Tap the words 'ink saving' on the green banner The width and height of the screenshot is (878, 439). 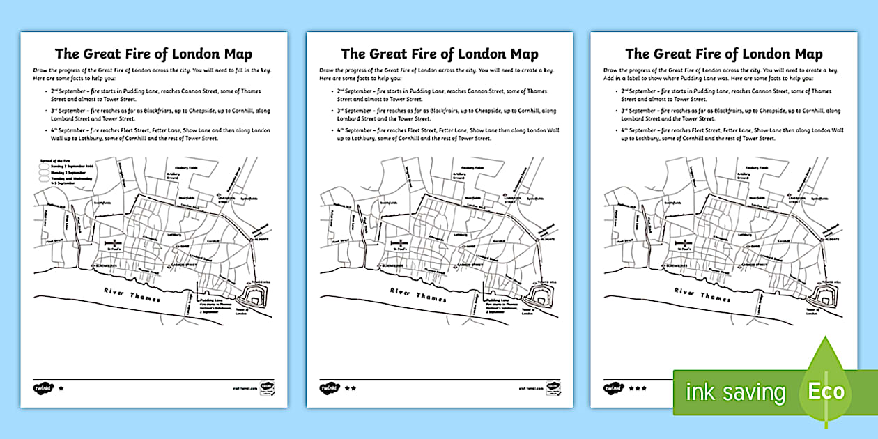[735, 392]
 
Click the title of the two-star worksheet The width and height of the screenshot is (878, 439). [439, 54]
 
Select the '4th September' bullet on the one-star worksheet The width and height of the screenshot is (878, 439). [153, 134]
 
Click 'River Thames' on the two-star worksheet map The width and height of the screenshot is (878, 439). [419, 295]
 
